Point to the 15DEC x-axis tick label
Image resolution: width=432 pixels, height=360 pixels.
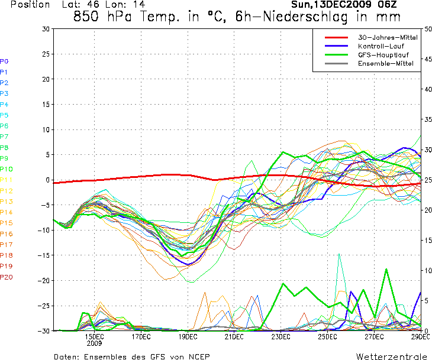(95, 336)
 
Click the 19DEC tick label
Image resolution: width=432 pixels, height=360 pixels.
(188, 336)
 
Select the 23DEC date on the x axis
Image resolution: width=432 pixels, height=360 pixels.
(281, 336)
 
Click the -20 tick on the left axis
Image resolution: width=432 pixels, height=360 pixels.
(44, 281)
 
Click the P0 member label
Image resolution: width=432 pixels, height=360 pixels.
(4, 61)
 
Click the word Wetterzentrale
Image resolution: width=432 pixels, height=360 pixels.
(391, 356)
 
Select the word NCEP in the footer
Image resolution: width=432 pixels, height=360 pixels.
(197, 356)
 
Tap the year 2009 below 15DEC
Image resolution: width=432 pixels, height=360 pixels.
(95, 343)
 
